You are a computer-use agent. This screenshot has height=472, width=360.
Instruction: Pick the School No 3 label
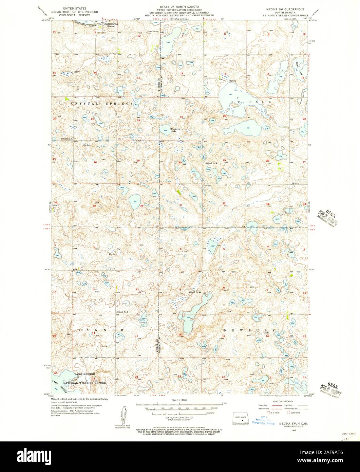[x=124, y=311]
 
